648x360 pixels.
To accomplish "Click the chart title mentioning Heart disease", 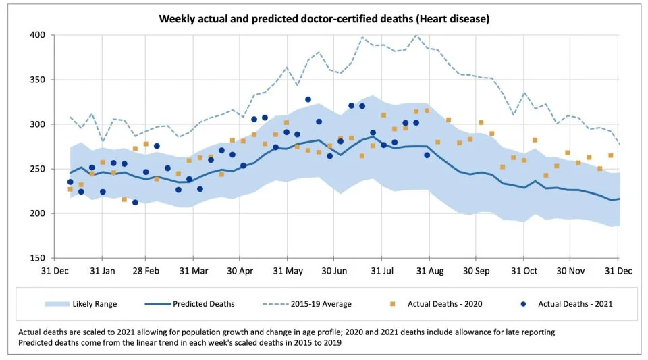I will tap(323, 18).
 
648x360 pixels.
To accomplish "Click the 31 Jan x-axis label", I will tap(102, 271).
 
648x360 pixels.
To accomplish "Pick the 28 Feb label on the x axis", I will tap(146, 271).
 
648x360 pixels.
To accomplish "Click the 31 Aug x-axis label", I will tap(430, 271).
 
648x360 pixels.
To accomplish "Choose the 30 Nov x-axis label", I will tap(571, 271).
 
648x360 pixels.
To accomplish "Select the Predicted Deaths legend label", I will tap(203, 304).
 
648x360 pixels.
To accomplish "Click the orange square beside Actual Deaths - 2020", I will tap(392, 304).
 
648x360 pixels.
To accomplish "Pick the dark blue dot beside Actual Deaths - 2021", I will tap(522, 304).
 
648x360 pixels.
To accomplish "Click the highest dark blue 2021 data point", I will tap(308, 100).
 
